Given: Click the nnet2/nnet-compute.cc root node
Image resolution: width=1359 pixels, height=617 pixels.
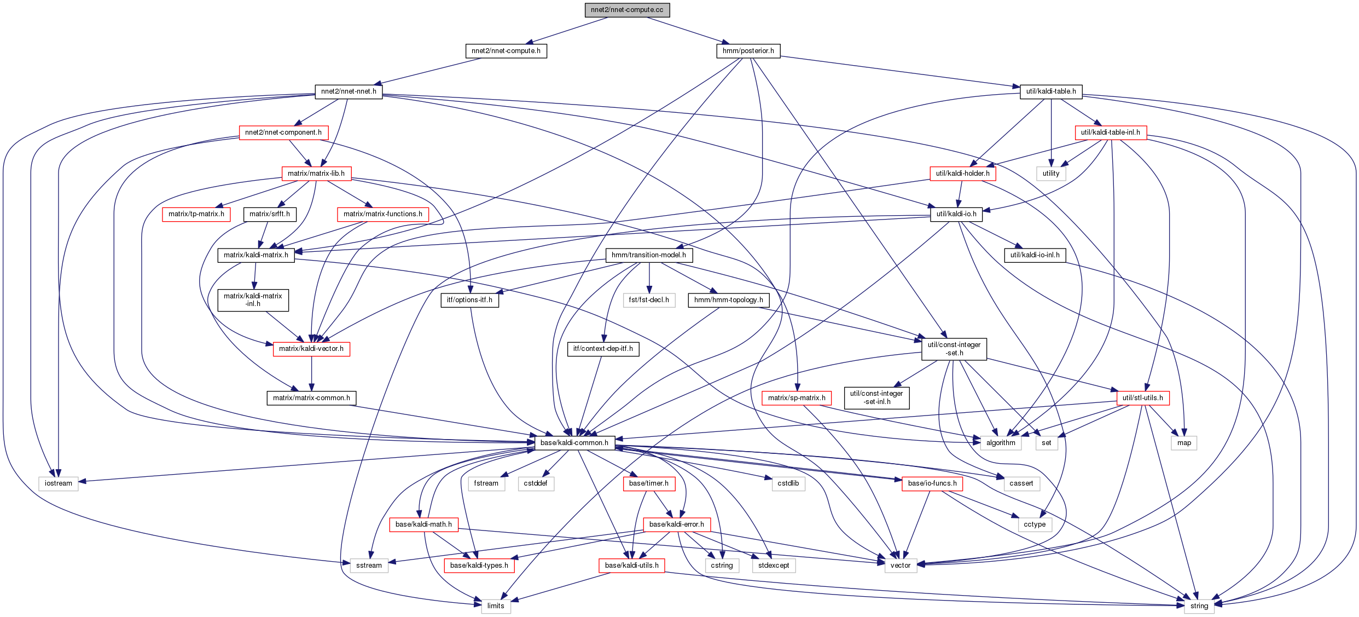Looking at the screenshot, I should coord(627,10).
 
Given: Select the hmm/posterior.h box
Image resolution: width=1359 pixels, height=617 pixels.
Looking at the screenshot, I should coord(748,51).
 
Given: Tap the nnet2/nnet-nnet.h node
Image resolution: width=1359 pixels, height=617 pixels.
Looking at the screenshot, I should coord(349,91).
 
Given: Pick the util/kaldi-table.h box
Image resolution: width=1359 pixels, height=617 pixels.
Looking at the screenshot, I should coord(1050,91).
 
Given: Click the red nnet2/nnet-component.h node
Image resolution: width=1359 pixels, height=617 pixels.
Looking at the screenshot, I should coord(283,132).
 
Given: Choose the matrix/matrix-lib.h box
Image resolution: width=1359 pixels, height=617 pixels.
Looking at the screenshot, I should coord(316,174).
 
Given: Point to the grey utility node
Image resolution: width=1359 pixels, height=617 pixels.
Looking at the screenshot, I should coord(1050,174).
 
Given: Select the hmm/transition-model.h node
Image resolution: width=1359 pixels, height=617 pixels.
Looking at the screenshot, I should coord(648,255).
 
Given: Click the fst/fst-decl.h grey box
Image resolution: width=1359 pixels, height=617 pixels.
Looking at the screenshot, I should coord(648,300).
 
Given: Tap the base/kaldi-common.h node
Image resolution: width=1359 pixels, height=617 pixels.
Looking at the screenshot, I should coord(574,443).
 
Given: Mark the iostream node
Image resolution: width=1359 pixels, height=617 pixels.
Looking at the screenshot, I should coord(59,483).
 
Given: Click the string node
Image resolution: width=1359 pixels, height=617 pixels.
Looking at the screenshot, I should coord(1199,606).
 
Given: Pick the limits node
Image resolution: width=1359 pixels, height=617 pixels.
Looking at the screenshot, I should coord(496,606).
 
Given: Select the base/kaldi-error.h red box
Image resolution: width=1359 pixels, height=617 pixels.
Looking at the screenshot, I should coord(676,524).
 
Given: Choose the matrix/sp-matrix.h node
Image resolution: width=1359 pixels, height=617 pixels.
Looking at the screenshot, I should coord(796,398).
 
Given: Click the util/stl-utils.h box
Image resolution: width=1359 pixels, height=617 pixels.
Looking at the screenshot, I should coord(1142,398).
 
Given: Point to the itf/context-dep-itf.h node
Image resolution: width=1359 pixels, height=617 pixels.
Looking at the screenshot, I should coord(602,349).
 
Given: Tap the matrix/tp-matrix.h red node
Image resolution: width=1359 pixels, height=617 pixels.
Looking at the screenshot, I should coord(196,214).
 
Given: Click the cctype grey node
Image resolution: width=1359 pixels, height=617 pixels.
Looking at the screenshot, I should coord(1034,524).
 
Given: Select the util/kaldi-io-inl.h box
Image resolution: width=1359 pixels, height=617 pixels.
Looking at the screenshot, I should coord(1035,255).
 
